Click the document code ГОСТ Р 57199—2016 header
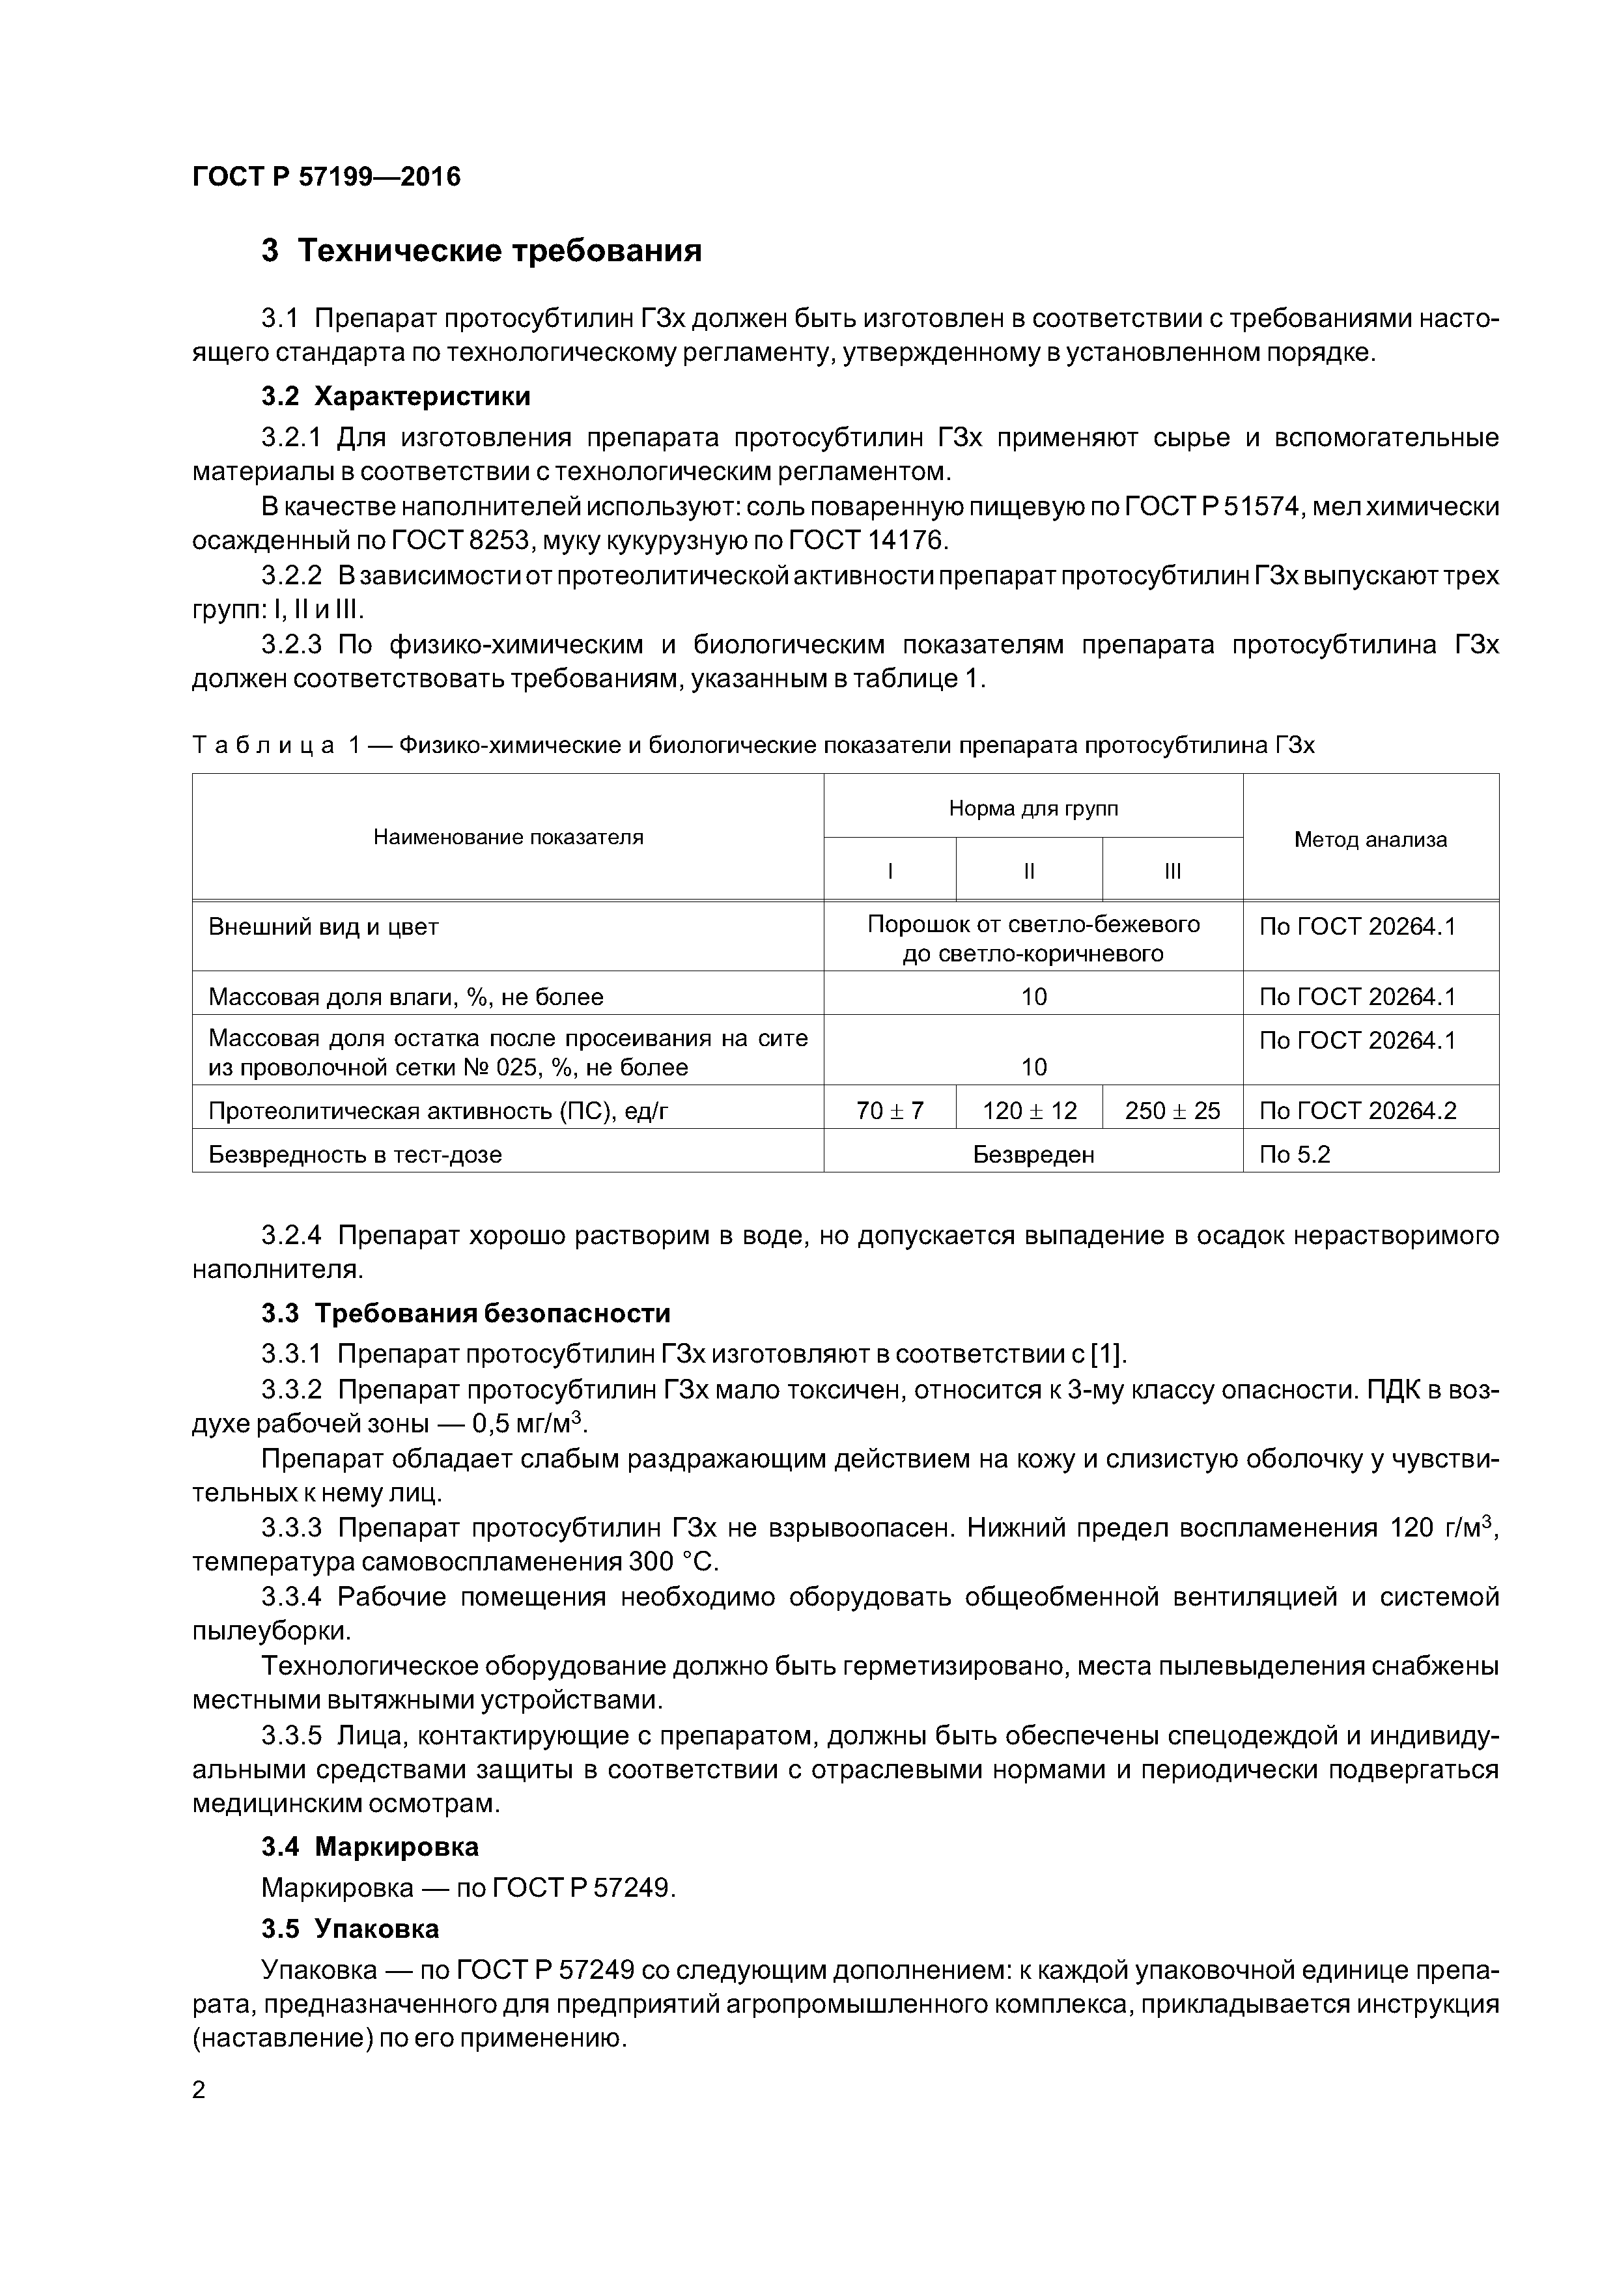(326, 177)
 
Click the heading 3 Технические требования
(482, 251)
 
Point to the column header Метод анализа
(1369, 839)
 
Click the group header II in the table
(1029, 871)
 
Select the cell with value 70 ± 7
(890, 1111)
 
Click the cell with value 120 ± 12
(1029, 1111)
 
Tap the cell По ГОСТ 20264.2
(1357, 1111)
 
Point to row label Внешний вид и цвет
(324, 926)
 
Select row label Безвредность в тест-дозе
(356, 1154)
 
